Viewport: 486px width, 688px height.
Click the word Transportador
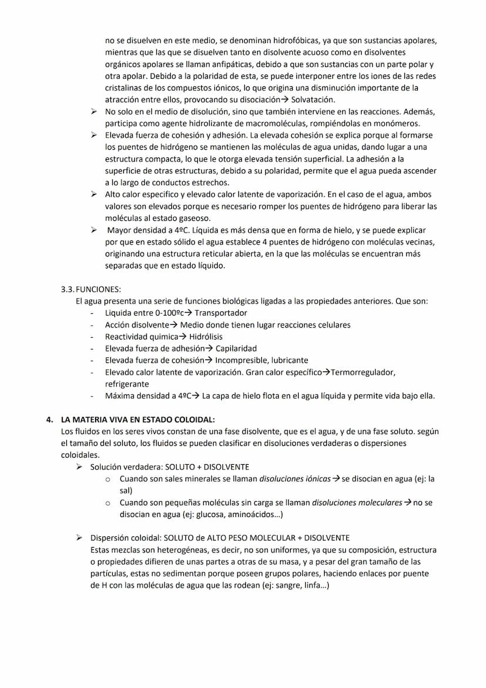coord(221,313)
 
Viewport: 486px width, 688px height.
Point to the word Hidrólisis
coord(205,337)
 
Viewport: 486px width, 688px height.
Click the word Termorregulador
coord(363,372)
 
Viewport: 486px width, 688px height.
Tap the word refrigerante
coord(127,384)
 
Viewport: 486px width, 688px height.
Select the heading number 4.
coord(50,419)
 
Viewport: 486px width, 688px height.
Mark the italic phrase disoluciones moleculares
coord(357,503)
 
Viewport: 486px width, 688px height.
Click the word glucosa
coord(207,515)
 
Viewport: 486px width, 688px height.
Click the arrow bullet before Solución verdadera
coord(79,467)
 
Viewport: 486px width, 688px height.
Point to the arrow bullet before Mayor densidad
coord(94,230)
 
